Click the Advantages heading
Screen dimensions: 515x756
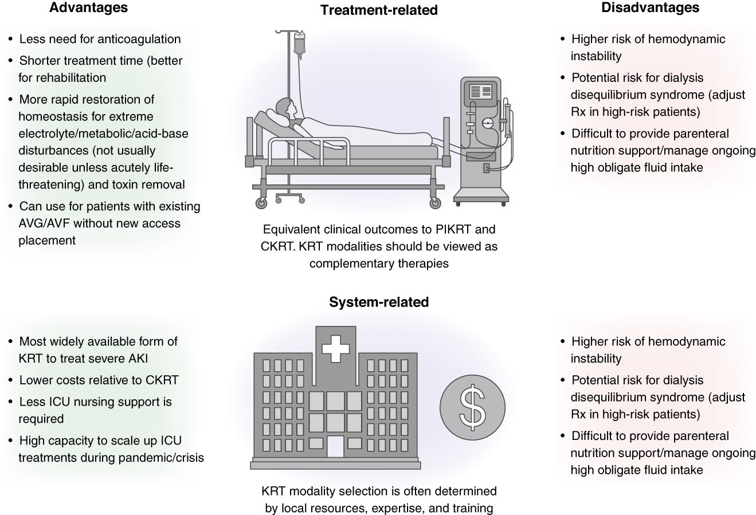point(88,8)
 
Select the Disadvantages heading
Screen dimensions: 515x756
point(650,8)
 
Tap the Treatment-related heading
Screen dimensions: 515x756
point(378,10)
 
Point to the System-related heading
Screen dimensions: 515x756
point(378,302)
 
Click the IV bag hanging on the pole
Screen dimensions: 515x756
point(299,44)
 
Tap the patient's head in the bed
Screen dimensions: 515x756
point(285,107)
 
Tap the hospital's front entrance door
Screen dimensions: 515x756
point(335,447)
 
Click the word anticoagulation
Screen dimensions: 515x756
point(137,40)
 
